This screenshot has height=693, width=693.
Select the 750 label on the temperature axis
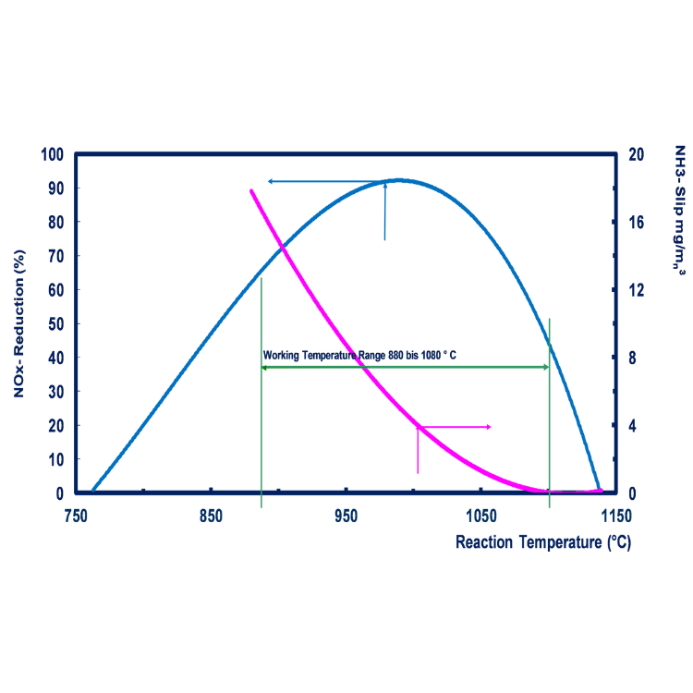pos(76,516)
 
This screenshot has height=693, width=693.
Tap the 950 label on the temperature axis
pos(346,516)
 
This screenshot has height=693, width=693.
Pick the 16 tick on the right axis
pos(636,222)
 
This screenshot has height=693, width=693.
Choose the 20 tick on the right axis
pos(636,154)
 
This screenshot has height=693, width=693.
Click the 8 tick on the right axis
pos(634,358)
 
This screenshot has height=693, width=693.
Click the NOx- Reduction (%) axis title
pos(19,323)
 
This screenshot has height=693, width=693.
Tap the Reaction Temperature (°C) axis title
pos(543,542)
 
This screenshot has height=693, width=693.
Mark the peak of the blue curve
pos(398,180)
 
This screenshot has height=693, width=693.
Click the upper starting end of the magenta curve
pos(251,191)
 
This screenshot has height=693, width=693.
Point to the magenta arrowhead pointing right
pos(488,427)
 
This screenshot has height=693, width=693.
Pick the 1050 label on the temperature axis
pos(480,516)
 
